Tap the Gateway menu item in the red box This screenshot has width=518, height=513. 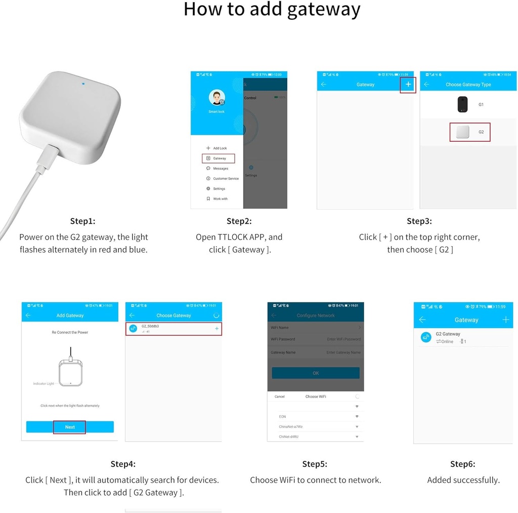coord(219,159)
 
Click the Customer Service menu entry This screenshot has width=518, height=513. coord(226,179)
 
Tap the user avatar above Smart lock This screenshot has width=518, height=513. coord(217,98)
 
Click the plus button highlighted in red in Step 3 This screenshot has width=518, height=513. coord(408,85)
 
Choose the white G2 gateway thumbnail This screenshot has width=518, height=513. coord(462,132)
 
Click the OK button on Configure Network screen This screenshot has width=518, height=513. coord(316,373)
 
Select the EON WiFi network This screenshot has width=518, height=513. coord(283,417)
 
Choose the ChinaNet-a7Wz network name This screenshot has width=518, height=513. coord(291,427)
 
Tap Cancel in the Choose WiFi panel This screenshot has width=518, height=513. coord(280,397)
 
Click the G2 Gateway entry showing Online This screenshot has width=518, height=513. coord(448,337)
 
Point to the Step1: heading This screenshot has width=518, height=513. coord(83,221)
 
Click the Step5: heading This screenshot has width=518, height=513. coord(315,464)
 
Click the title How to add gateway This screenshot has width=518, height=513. coord(272,10)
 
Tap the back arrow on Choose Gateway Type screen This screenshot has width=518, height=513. coord(426,85)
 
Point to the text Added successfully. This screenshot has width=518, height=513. coord(463,480)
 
